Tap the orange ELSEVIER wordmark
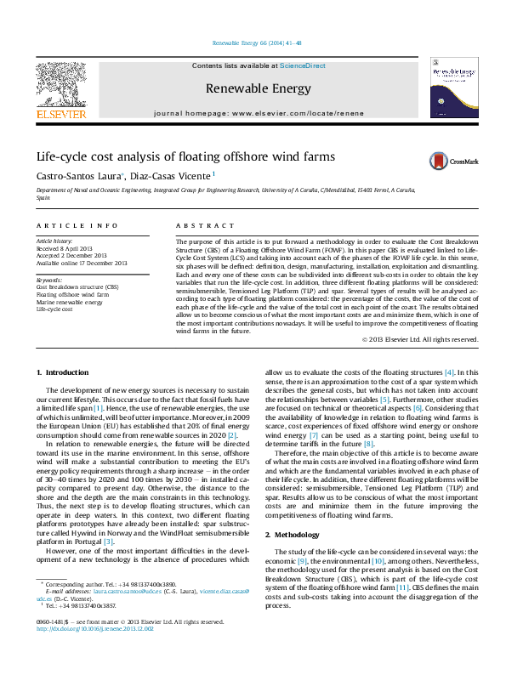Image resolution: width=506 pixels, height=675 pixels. [x=60, y=113]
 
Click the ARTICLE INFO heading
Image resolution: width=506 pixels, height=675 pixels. [x=77, y=226]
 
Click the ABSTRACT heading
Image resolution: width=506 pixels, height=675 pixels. [x=204, y=226]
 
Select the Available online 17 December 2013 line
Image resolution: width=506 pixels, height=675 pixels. [x=82, y=264]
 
